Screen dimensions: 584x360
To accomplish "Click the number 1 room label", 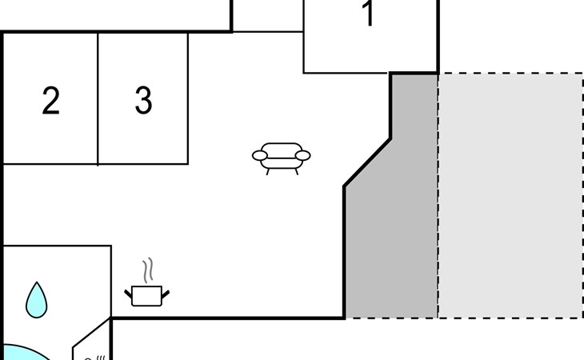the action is (x=368, y=13).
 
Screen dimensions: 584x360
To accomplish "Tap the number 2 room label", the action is (x=50, y=100).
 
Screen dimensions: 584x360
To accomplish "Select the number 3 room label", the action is (x=143, y=100).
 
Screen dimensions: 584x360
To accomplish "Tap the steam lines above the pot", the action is (x=148, y=270).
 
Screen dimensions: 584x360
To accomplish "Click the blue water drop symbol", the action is (x=37, y=300).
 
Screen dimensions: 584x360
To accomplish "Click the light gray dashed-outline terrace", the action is (x=510, y=195).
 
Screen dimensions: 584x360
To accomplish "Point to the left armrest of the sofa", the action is (x=259, y=156).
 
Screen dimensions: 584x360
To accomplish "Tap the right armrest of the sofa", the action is (x=303, y=156).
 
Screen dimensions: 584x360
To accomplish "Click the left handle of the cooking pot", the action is (x=128, y=294).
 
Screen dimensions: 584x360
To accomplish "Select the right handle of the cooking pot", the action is (x=166, y=294).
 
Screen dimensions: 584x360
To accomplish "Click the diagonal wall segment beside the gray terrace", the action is (x=367, y=162).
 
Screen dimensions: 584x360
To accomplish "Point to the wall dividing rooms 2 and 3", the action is (x=98, y=98).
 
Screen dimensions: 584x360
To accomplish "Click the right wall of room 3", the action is (x=188, y=98).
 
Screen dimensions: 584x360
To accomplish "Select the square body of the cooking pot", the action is (x=146, y=296).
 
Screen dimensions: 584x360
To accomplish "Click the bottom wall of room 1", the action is (x=346, y=73).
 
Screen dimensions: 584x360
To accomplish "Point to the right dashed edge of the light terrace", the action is (x=583, y=195).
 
